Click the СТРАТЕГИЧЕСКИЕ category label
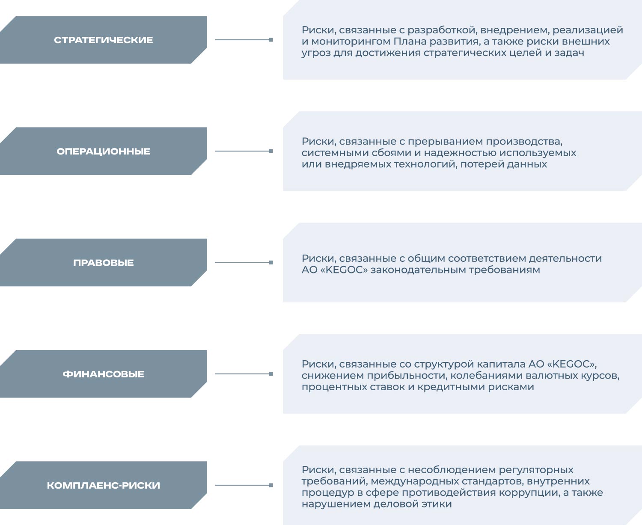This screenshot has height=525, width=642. tap(104, 40)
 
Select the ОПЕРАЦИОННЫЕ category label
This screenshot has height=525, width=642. tap(104, 151)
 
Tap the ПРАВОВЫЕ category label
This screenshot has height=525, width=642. tap(104, 263)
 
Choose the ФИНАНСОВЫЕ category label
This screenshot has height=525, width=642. tap(104, 374)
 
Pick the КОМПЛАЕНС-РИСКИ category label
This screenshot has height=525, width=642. tap(104, 486)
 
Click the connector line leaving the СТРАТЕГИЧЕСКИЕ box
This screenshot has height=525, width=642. tap(244, 40)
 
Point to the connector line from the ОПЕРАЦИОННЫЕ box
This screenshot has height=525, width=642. tap(244, 151)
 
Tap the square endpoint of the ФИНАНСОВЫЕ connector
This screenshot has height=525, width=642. tap(271, 374)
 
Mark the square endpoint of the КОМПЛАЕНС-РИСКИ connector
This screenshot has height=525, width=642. tap(271, 486)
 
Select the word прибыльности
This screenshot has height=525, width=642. tap(407, 376)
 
